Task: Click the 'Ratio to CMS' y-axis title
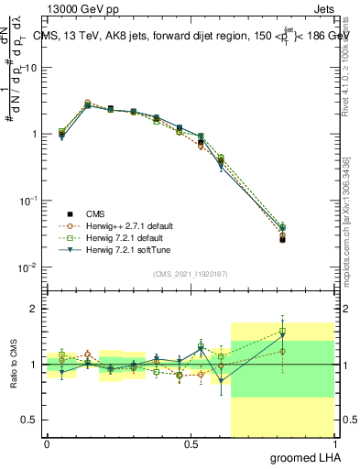[x=14, y=365]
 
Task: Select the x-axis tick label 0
[x=47, y=444]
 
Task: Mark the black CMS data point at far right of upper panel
[x=282, y=240]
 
